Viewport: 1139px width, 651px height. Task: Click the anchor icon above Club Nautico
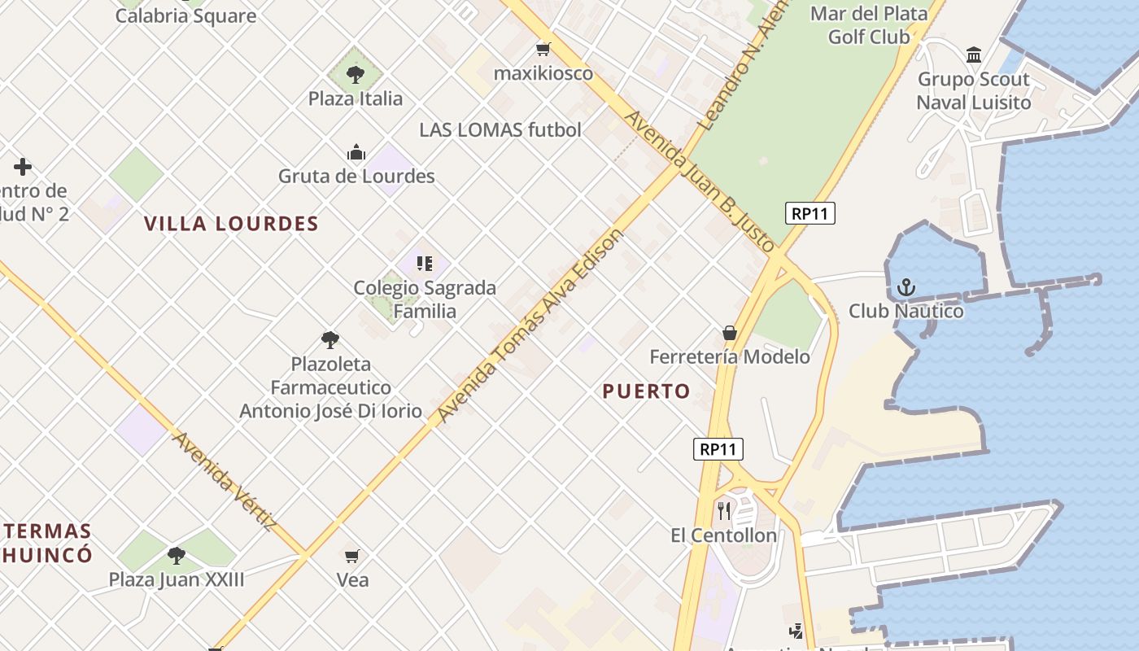[906, 287]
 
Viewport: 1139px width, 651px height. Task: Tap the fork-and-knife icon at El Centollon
[724, 511]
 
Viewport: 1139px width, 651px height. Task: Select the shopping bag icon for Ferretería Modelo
[730, 333]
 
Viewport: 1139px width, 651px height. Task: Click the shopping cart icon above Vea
[351, 557]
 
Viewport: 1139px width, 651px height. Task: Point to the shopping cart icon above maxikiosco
[543, 50]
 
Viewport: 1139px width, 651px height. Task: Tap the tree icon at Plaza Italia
[355, 75]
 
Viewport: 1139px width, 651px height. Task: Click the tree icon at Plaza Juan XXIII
[176, 557]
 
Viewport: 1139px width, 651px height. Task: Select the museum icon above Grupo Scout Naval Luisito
[973, 55]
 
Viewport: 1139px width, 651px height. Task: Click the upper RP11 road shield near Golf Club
[810, 213]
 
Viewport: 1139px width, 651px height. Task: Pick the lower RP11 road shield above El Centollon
[718, 448]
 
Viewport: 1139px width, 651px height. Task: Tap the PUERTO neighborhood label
[646, 391]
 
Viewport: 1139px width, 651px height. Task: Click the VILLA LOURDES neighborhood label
[231, 224]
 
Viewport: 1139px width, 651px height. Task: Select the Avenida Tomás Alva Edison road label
[530, 325]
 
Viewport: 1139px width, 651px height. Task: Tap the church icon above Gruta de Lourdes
[356, 153]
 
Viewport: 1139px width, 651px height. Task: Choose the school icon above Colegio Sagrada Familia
[424, 264]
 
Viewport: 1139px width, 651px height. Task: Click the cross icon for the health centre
[23, 167]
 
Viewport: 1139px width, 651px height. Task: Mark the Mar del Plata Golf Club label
[868, 25]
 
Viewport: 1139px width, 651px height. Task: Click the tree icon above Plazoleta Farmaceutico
[329, 340]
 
